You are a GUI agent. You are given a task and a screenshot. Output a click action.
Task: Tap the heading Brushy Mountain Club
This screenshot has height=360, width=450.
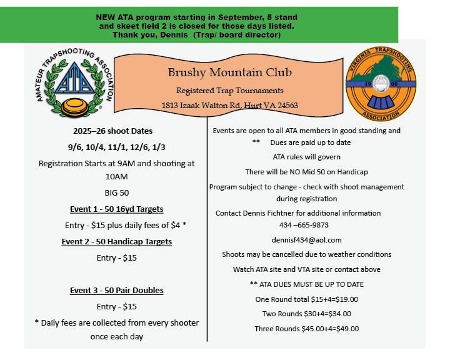(x=230, y=73)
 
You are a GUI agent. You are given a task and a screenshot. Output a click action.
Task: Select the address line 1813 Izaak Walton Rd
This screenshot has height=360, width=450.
(x=229, y=105)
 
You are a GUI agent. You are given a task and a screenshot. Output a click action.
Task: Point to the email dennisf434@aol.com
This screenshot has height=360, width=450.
(x=306, y=239)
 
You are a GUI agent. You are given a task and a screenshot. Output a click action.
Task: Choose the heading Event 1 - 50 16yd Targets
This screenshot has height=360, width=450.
(x=117, y=209)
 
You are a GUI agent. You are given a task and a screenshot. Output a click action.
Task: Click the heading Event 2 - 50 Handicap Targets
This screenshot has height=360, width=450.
(x=117, y=241)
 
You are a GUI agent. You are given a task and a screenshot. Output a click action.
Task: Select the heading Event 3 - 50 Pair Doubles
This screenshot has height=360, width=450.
(x=117, y=290)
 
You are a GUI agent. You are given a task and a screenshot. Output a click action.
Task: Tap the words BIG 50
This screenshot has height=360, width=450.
(x=117, y=192)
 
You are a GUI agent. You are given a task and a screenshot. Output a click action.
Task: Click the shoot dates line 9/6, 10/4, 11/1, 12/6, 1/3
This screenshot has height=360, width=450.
(x=117, y=147)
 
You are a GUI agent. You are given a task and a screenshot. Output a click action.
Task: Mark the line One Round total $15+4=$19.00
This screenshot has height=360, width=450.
(x=306, y=299)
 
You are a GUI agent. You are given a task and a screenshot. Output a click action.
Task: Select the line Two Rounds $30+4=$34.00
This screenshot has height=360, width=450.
(x=306, y=314)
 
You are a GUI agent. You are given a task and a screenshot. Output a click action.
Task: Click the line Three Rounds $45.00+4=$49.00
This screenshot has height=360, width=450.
(x=306, y=329)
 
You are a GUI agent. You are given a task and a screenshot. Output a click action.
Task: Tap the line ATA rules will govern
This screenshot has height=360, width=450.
(x=306, y=156)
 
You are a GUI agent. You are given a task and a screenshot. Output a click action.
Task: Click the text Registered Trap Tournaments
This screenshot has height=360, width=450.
(x=229, y=91)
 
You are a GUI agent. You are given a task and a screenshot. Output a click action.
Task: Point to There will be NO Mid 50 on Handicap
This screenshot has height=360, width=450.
(x=306, y=171)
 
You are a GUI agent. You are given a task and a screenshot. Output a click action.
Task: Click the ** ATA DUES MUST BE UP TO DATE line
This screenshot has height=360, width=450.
(x=306, y=284)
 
